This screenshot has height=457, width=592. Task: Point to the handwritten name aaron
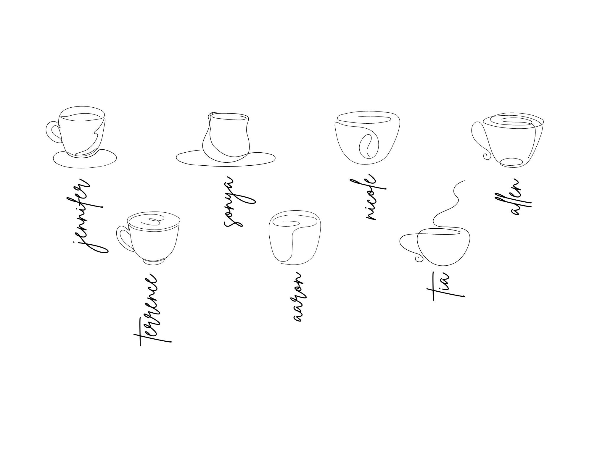pyautogui.click(x=298, y=297)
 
